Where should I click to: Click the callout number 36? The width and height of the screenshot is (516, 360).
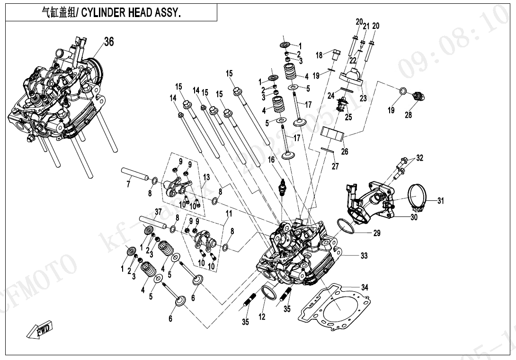109,42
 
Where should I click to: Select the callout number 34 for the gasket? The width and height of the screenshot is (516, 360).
365,288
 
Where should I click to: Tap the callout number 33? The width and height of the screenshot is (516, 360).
364,256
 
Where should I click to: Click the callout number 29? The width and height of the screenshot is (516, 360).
377,233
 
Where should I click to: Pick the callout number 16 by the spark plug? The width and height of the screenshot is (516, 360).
271,161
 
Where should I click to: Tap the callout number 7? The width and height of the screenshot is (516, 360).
128,184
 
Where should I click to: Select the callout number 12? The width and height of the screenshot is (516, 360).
262,317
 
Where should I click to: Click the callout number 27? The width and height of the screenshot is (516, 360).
335,166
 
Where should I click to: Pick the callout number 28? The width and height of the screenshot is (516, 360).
408,115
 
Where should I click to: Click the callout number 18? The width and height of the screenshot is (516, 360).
319,55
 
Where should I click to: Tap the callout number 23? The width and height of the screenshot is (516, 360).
363,99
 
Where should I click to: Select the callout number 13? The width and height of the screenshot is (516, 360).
206,177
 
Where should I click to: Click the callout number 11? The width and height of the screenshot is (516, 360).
229,214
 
